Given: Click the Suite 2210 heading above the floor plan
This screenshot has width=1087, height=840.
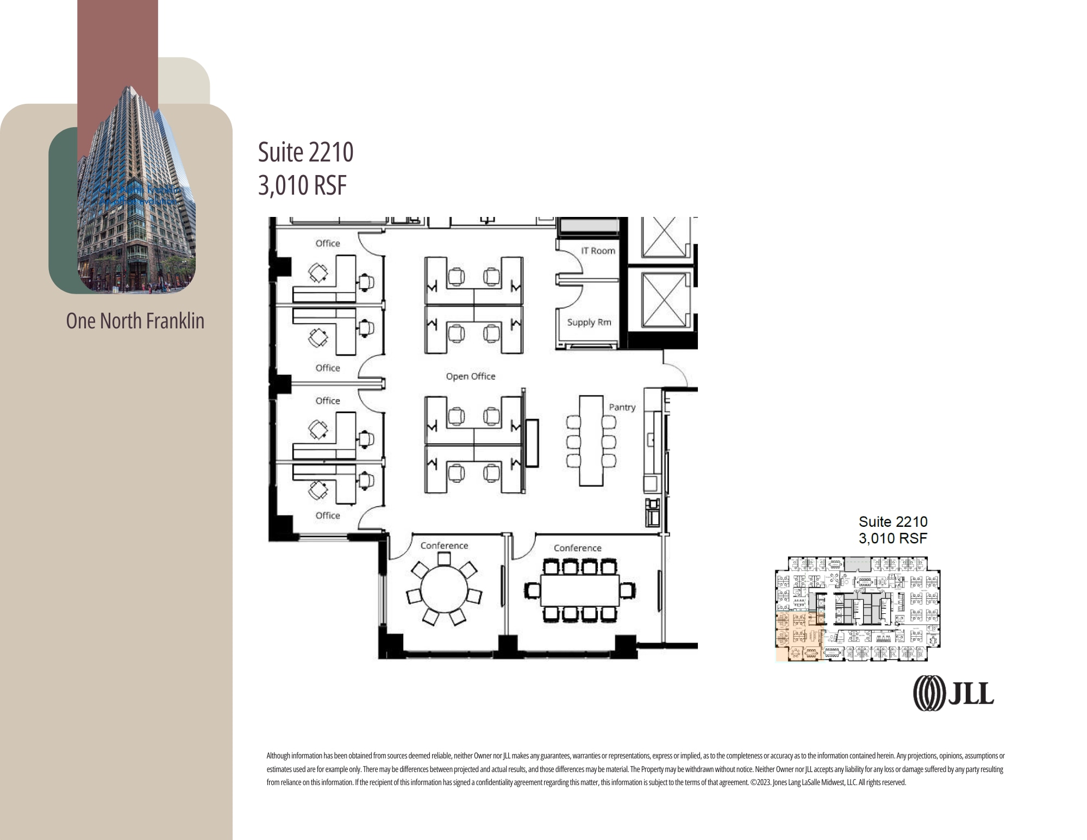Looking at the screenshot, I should pyautogui.click(x=305, y=152).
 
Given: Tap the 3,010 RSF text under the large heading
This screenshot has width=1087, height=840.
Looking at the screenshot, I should pyautogui.click(x=302, y=185).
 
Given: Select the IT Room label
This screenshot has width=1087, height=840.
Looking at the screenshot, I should pyautogui.click(x=598, y=251).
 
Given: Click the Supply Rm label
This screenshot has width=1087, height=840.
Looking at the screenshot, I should pyautogui.click(x=589, y=322).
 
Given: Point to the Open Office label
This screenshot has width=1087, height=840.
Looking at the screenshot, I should pyautogui.click(x=471, y=376).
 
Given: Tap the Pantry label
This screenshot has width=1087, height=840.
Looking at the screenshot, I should pyautogui.click(x=622, y=407).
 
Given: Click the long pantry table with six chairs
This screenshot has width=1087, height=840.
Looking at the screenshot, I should pyautogui.click(x=591, y=440).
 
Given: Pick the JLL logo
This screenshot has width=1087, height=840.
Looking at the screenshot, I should pyautogui.click(x=953, y=693).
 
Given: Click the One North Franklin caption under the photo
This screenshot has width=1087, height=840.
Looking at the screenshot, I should pyautogui.click(x=135, y=321).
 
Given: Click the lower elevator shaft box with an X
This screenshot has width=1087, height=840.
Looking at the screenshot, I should pyautogui.click(x=663, y=300).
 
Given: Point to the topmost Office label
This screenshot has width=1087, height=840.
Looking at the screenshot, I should pyautogui.click(x=328, y=244).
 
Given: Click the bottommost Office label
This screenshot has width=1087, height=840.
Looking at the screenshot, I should pyautogui.click(x=328, y=515).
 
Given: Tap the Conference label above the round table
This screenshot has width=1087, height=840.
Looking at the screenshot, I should pyautogui.click(x=444, y=546).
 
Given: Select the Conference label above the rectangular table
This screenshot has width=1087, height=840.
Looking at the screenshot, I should pyautogui.click(x=577, y=548).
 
